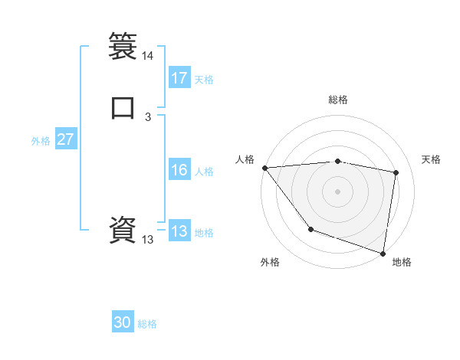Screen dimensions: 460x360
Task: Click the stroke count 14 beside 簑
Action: (x=148, y=56)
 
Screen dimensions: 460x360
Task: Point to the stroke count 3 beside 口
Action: (x=148, y=117)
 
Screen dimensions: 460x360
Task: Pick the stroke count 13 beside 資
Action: (x=148, y=240)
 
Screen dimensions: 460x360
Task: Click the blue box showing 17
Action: (x=179, y=78)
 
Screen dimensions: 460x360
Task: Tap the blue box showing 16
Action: (x=179, y=171)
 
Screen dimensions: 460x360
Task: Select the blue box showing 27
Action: (x=65, y=140)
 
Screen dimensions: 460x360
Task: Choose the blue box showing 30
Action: (x=123, y=322)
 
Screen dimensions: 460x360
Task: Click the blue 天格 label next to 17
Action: (x=204, y=80)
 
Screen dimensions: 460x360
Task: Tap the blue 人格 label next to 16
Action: (x=204, y=172)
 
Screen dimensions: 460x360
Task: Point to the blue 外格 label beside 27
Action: (x=41, y=141)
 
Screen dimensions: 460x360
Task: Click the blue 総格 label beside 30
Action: (x=147, y=324)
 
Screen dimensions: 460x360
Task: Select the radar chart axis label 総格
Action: (x=337, y=100)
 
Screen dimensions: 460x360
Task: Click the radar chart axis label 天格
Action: (x=431, y=159)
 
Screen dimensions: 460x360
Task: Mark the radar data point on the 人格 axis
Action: (x=264, y=168)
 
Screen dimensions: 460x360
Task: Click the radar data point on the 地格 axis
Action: (x=383, y=253)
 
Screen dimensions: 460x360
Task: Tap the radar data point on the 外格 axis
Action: (x=310, y=229)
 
